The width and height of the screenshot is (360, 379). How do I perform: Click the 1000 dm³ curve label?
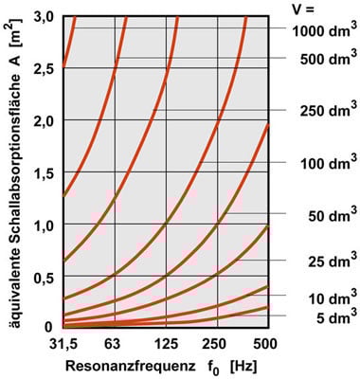point(322,29)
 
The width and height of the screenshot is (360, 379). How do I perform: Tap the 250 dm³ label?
point(325,112)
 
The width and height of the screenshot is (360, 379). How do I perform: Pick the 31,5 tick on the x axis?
point(62,341)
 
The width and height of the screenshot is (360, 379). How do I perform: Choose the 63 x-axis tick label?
point(115,341)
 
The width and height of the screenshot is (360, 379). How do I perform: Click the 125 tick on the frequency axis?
point(167,341)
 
